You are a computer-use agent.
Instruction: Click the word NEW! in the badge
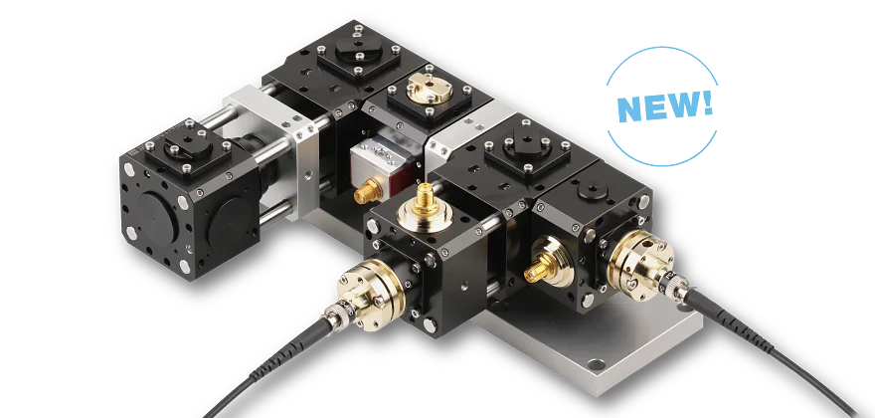[x=665, y=105]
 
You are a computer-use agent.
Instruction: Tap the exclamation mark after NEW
[x=707, y=102]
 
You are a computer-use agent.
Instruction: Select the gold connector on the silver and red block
[x=367, y=190]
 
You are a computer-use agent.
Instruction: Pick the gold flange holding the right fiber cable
[x=640, y=260]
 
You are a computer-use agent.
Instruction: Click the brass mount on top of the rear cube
[x=430, y=89]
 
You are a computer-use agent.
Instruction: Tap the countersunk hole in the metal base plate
[x=595, y=365]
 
